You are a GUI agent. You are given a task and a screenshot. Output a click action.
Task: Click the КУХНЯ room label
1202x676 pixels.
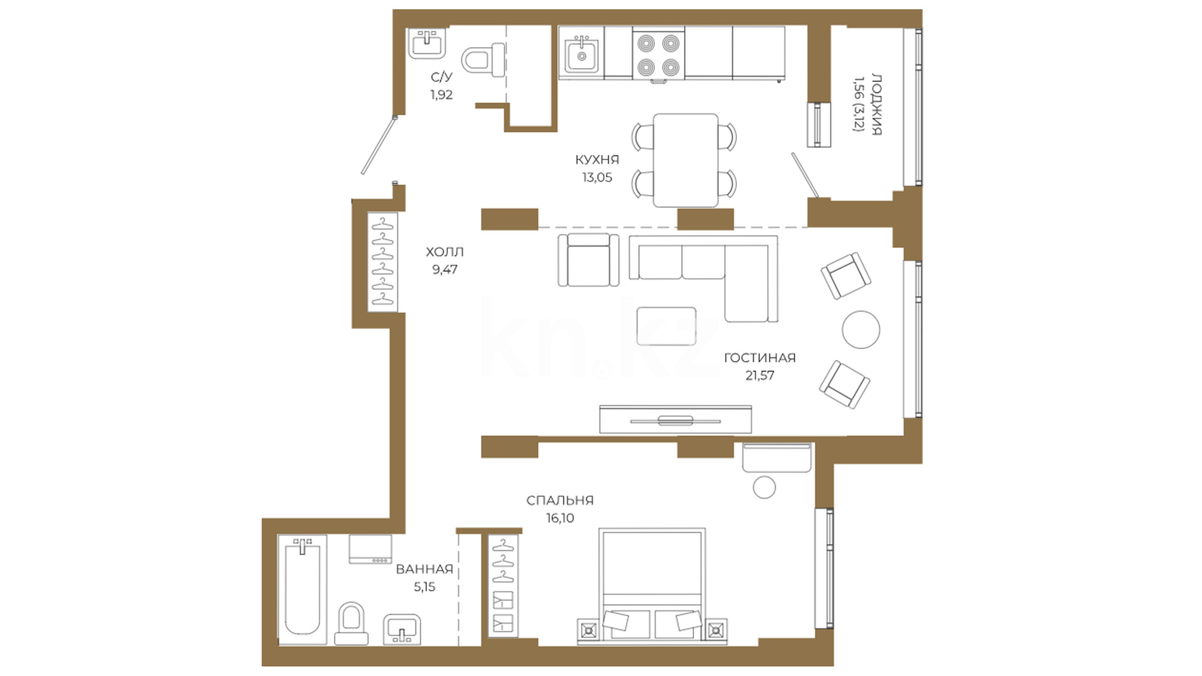[597, 160]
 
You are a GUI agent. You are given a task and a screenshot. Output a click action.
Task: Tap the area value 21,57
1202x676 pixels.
[759, 376]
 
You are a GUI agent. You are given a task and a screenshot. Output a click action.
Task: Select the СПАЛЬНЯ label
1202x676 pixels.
[560, 500]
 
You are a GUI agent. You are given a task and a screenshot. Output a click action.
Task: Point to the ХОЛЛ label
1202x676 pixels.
[444, 252]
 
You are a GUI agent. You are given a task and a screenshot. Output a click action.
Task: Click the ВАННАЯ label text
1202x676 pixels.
[424, 569]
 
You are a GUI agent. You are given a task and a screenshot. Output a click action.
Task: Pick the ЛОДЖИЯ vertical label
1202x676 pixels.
[876, 106]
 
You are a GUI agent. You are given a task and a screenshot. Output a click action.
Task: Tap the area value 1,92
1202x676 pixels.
[441, 95]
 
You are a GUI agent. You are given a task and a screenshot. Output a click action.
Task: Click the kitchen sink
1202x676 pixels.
[582, 55]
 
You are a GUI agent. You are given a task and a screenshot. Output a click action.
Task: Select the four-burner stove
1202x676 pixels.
[658, 54]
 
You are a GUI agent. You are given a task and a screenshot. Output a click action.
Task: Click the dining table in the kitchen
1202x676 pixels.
[686, 160]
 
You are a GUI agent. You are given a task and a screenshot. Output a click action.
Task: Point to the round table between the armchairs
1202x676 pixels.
[861, 329]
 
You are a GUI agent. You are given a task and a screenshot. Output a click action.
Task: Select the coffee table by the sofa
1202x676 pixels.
[667, 326]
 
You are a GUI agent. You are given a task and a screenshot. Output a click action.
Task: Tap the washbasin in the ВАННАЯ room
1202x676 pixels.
[401, 628]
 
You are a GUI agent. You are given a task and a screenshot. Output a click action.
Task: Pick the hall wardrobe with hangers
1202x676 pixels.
[383, 262]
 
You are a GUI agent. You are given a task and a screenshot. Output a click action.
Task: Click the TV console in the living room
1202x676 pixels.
[675, 419]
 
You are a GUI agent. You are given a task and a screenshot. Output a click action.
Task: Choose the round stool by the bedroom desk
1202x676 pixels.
[764, 487]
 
